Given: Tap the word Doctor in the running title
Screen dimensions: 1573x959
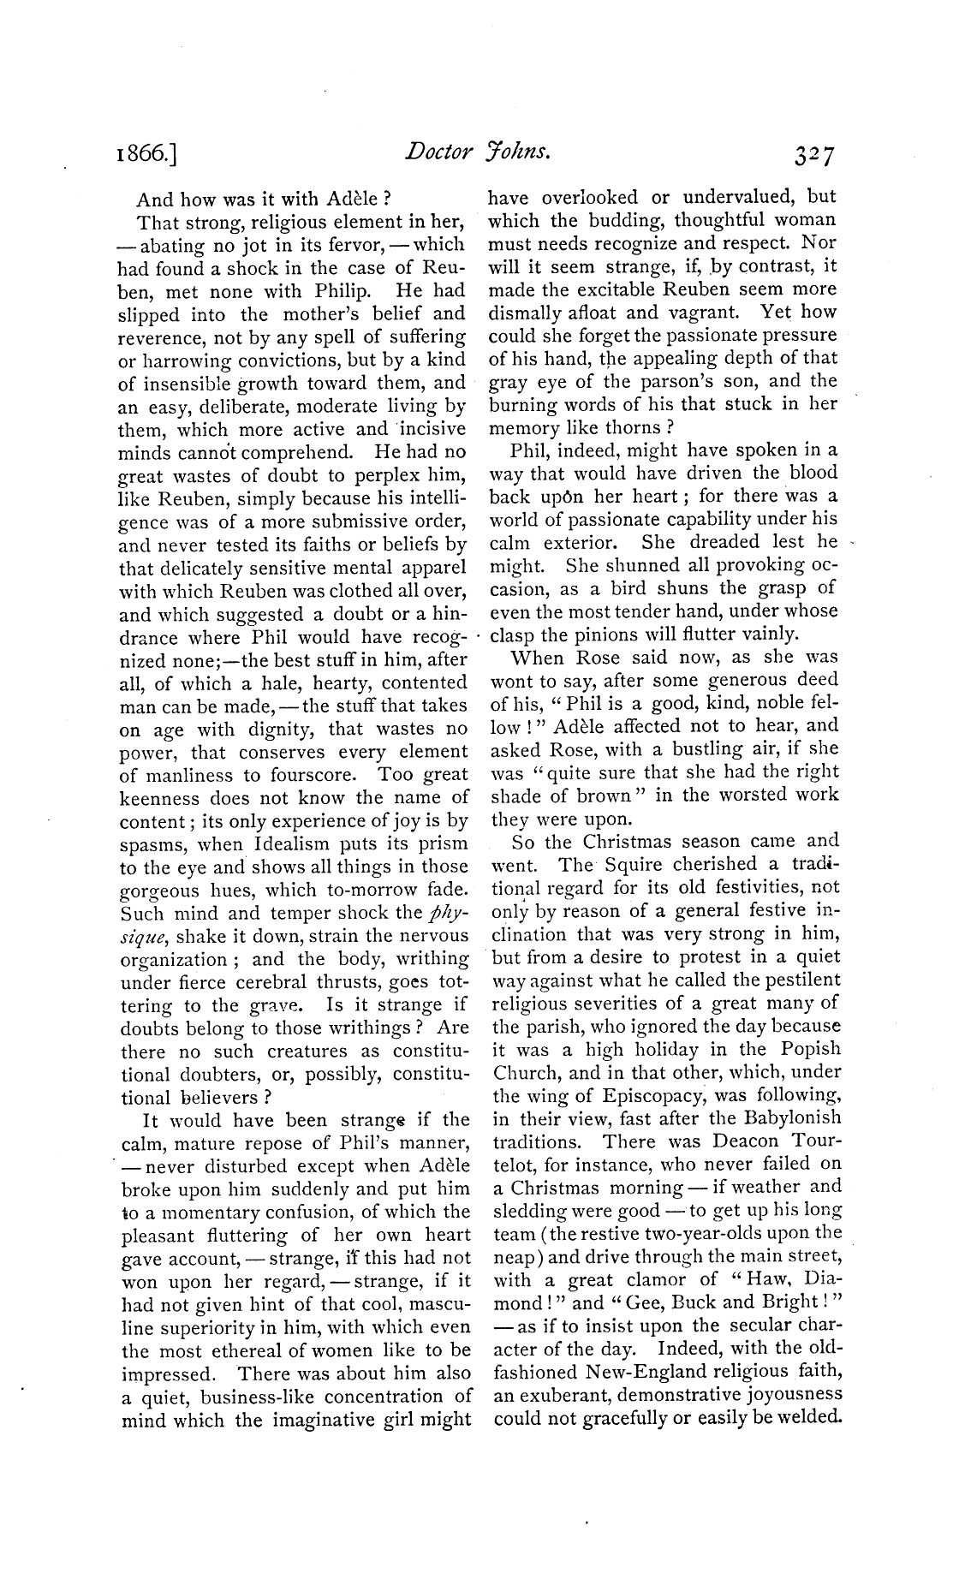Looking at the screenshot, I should [438, 152].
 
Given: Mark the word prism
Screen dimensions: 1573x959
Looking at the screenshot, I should [443, 843].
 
